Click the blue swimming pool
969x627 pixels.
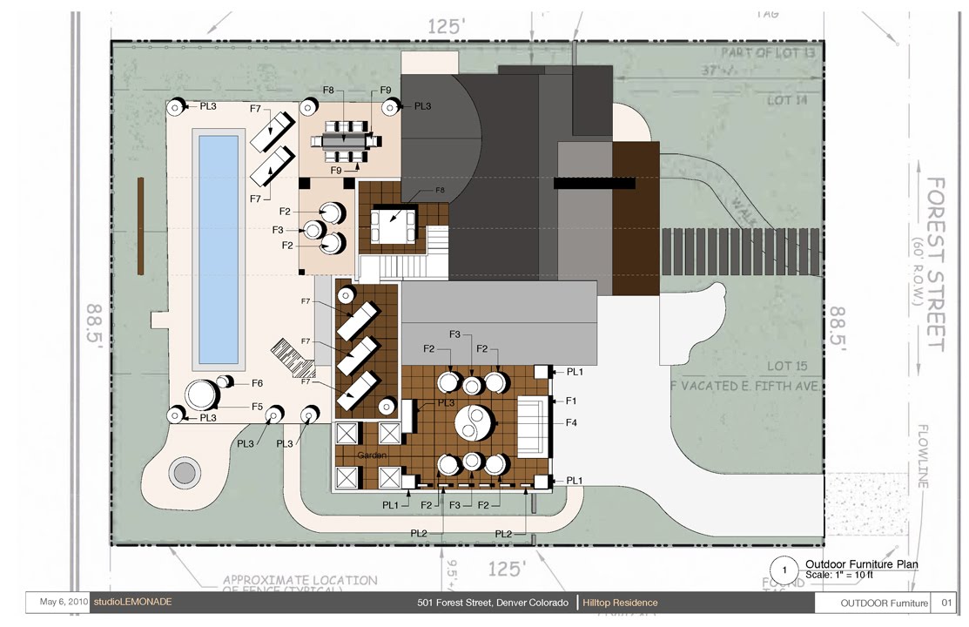218,249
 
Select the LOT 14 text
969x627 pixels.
791,100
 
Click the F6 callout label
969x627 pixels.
258,383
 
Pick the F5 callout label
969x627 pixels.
258,406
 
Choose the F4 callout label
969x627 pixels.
572,423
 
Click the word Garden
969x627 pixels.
372,455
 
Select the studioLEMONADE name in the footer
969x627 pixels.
132,602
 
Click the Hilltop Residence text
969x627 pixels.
620,603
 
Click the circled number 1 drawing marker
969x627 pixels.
785,570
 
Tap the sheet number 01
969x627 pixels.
946,603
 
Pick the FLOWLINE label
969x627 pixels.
924,456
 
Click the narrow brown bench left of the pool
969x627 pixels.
140,226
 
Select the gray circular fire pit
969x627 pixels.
184,473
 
